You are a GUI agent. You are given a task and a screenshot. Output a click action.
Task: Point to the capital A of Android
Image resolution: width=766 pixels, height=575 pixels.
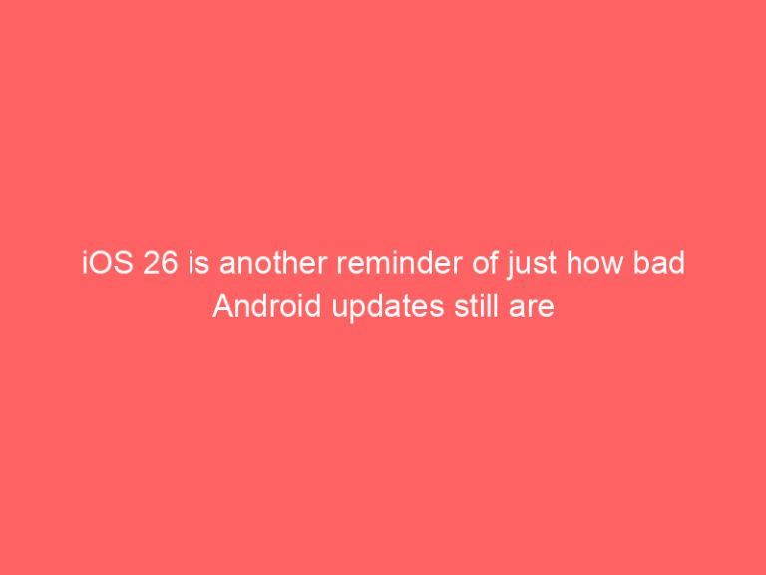[222, 307]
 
